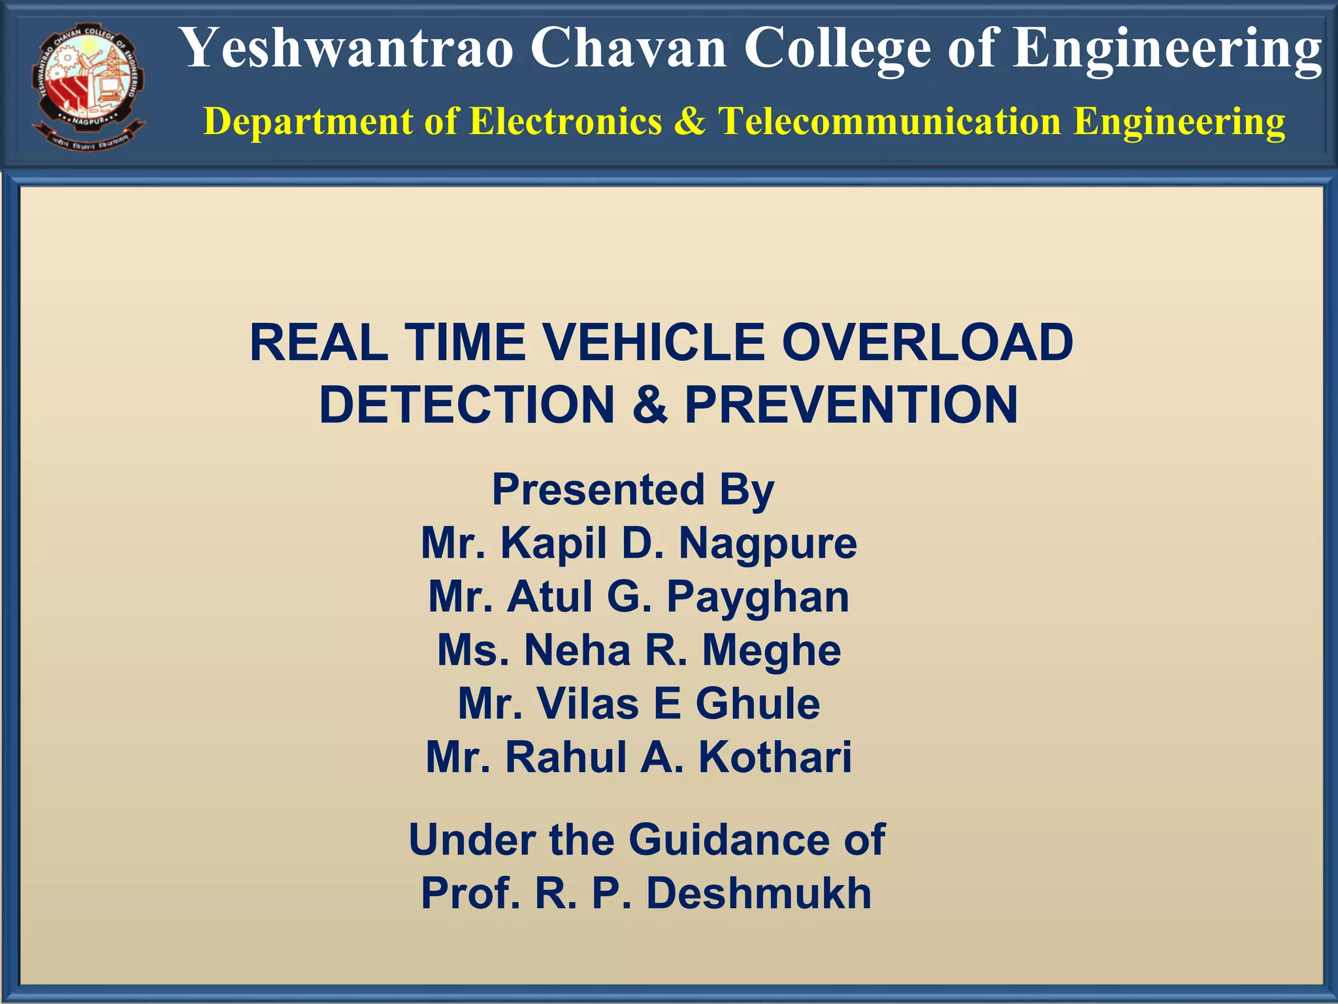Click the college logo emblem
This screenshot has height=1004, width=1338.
point(88,87)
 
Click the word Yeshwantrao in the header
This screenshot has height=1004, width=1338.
point(346,48)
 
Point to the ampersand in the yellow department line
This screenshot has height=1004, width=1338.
point(690,121)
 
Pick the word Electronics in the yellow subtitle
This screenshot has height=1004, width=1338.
point(566,121)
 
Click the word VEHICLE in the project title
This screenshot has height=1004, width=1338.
point(653,343)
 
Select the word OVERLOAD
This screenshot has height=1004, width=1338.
point(927,343)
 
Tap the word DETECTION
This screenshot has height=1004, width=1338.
point(466,405)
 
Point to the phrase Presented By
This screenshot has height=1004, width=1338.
point(633,490)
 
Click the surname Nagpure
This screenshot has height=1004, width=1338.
point(768,544)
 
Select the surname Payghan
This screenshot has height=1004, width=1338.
point(758,597)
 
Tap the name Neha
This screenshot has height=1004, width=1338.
point(578,650)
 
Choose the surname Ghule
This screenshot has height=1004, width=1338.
point(757,704)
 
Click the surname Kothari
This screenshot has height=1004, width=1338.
point(775,758)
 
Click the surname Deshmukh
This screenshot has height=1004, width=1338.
point(759,894)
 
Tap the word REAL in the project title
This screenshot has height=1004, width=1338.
point(319,343)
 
